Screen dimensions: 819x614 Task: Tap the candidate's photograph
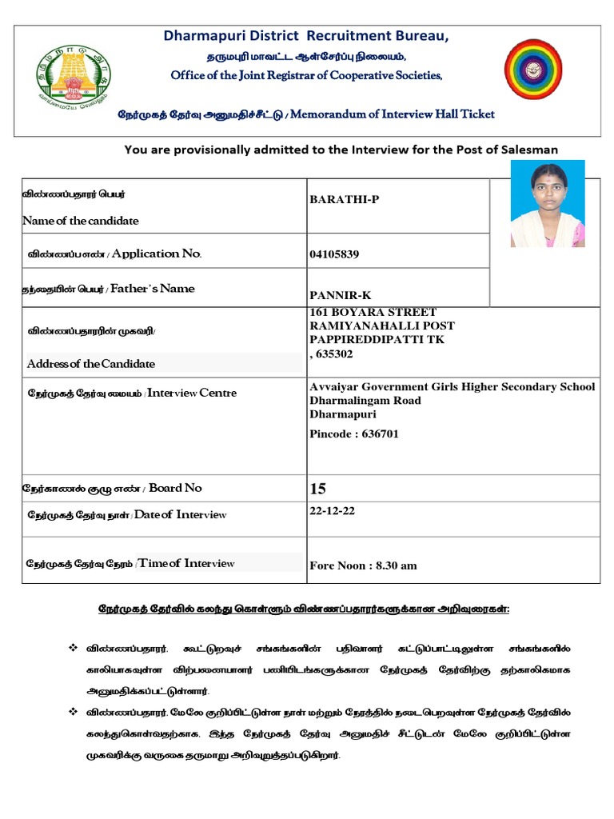point(548,203)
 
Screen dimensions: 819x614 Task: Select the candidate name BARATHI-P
point(345,199)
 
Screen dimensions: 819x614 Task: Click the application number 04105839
point(334,254)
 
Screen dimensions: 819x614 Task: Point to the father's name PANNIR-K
point(341,296)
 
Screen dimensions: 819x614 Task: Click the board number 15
point(318,489)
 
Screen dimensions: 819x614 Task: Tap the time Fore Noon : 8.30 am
point(363,565)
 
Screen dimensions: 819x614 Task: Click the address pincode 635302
point(334,354)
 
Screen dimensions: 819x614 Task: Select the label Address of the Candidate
point(91,364)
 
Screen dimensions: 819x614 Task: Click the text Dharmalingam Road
point(365,401)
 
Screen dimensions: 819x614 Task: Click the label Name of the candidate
point(81,221)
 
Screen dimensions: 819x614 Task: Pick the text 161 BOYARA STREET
point(373,312)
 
